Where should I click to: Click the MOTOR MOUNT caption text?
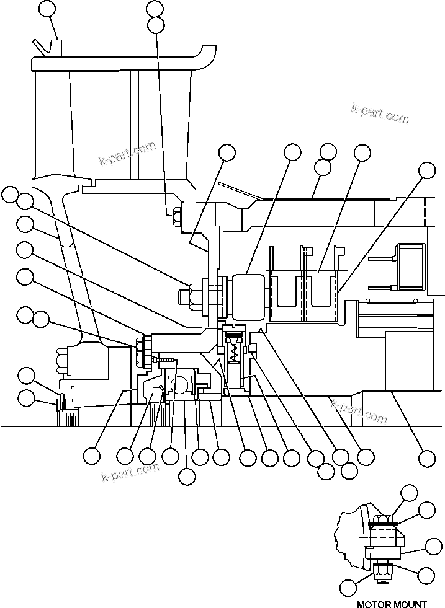coord(392,604)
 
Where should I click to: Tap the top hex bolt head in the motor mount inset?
coord(382,520)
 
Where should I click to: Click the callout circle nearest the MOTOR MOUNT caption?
coord(349,586)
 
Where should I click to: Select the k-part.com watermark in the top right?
coord(380,113)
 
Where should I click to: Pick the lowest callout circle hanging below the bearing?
coord(186,476)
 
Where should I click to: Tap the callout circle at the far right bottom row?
coord(426,458)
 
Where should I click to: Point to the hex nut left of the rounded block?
coord(191,294)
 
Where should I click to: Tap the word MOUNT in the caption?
coord(410,604)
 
